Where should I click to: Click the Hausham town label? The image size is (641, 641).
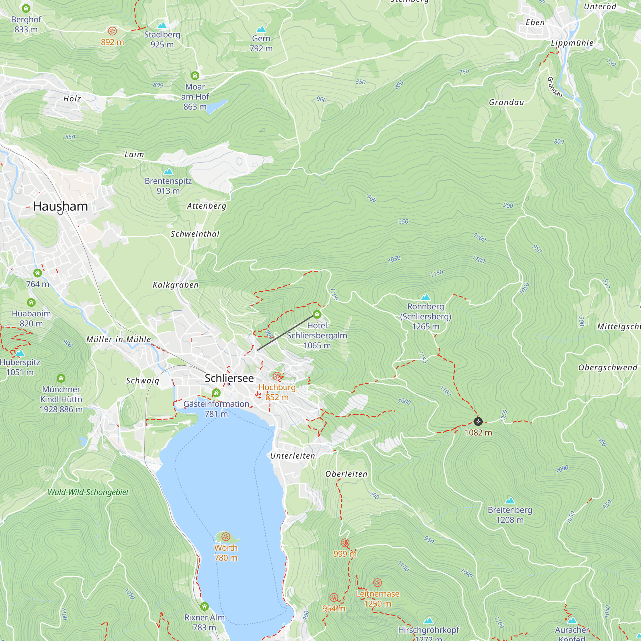60,206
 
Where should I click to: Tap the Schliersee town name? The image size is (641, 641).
229,378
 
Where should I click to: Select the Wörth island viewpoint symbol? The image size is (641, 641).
226,537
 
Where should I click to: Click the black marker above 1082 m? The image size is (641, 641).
478,421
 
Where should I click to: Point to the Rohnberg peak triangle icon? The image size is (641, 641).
425,297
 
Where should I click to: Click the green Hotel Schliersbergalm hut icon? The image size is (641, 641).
317,314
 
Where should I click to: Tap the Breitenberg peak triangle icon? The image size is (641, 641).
510,500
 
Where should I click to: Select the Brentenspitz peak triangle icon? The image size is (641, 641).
168,171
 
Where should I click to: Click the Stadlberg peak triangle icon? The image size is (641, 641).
162,25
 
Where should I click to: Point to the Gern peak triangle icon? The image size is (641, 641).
261,29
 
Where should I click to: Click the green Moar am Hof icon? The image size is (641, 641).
195,76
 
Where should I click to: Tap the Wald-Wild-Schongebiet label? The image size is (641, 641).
88,492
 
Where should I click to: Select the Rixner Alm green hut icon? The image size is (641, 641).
204,606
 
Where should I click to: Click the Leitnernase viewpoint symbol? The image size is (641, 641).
378,583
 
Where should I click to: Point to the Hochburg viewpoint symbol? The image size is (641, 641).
277,376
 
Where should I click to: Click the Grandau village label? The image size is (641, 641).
506,102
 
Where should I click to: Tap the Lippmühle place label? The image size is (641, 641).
572,43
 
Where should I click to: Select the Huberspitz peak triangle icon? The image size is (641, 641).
20,353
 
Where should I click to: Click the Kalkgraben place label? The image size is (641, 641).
176,285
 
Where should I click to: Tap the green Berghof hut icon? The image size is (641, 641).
26,8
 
